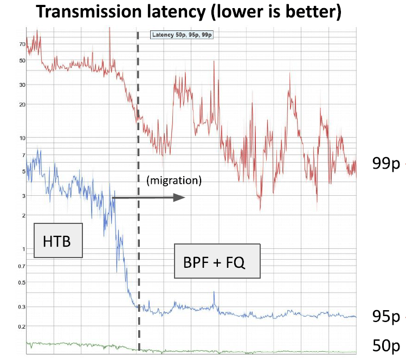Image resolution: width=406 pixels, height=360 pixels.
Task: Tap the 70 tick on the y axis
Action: [x=22, y=44]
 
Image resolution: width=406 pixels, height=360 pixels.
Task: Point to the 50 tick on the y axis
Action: [x=22, y=60]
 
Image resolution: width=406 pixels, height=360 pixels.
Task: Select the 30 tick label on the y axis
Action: [x=22, y=85]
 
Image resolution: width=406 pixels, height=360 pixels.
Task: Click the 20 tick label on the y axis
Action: [x=22, y=105]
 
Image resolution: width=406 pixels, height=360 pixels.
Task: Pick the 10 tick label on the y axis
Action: [x=22, y=138]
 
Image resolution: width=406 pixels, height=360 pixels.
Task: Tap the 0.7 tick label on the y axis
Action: [x=21, y=266]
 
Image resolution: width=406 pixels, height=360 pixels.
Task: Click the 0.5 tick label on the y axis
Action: [x=21, y=282]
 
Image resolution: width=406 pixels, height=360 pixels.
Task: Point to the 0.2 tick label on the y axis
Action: [x=21, y=326]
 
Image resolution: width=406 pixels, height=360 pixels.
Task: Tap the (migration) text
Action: [x=173, y=181]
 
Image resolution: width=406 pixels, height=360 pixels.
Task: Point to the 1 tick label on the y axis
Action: [x=23, y=249]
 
